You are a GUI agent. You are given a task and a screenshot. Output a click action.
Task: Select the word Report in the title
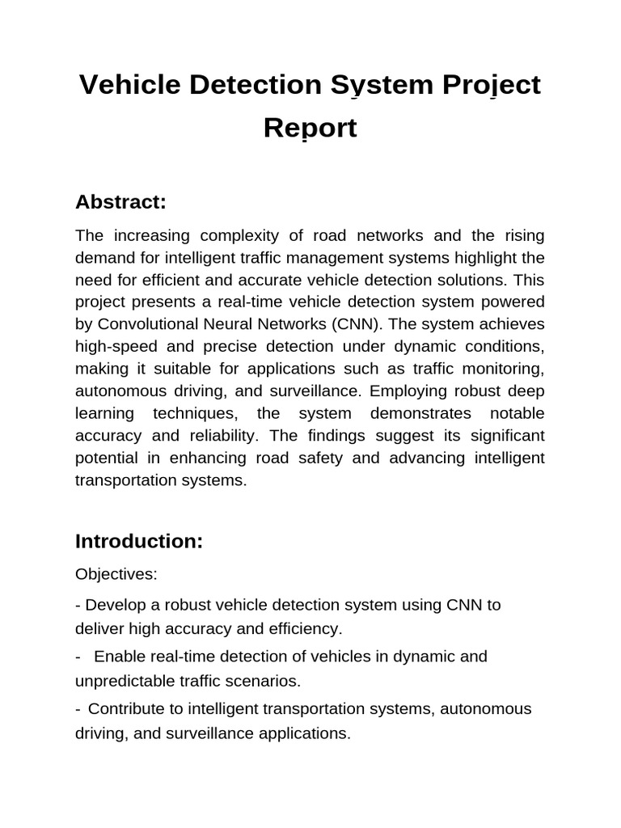[310, 129]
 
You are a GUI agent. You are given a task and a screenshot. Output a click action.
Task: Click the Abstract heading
[120, 202]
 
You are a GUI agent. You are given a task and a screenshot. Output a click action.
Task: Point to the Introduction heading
[138, 541]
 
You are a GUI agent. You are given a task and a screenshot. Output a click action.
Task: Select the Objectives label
[116, 574]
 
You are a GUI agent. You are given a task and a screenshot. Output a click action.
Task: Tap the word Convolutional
[147, 324]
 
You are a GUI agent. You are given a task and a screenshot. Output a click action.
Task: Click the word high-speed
[116, 347]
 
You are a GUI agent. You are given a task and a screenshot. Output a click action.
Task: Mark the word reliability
[225, 436]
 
